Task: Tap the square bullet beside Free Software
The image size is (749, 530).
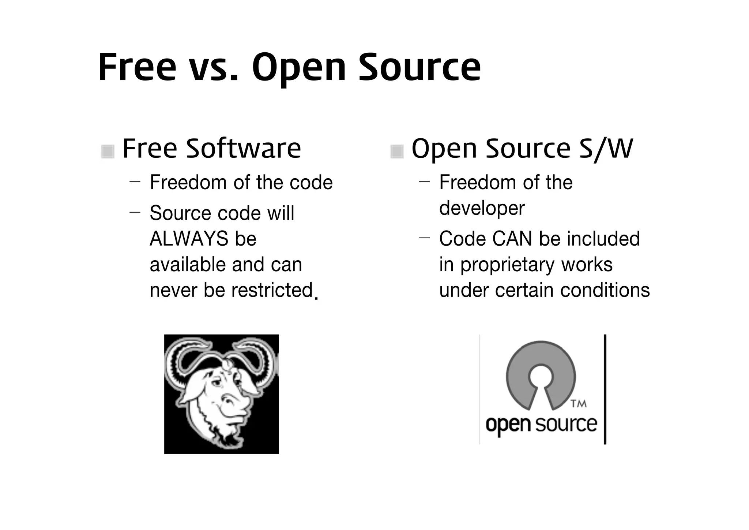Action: pyautogui.click(x=108, y=151)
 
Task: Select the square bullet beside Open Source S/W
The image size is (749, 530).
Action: pyautogui.click(x=397, y=151)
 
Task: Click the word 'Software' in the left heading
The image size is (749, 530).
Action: pyautogui.click(x=243, y=149)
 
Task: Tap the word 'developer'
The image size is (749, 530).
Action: pyautogui.click(x=482, y=209)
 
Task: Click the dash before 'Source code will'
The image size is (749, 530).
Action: pyautogui.click(x=135, y=212)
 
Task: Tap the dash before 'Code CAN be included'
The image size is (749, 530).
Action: pyautogui.click(x=424, y=238)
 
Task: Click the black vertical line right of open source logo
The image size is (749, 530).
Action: pyautogui.click(x=605, y=389)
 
